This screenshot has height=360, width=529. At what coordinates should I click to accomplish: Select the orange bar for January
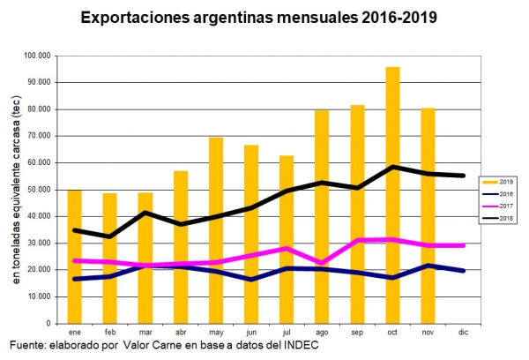coord(75,256)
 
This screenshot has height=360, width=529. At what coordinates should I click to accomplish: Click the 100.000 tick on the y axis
coord(39,56)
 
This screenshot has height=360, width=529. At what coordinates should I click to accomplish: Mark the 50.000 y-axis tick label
coord(41,190)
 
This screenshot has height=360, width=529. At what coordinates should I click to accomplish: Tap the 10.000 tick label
coord(41,296)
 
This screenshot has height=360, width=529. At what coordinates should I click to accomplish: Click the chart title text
coord(258,17)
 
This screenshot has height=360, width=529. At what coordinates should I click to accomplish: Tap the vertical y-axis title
coord(15,189)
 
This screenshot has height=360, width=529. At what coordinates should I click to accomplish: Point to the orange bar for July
coord(287,238)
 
